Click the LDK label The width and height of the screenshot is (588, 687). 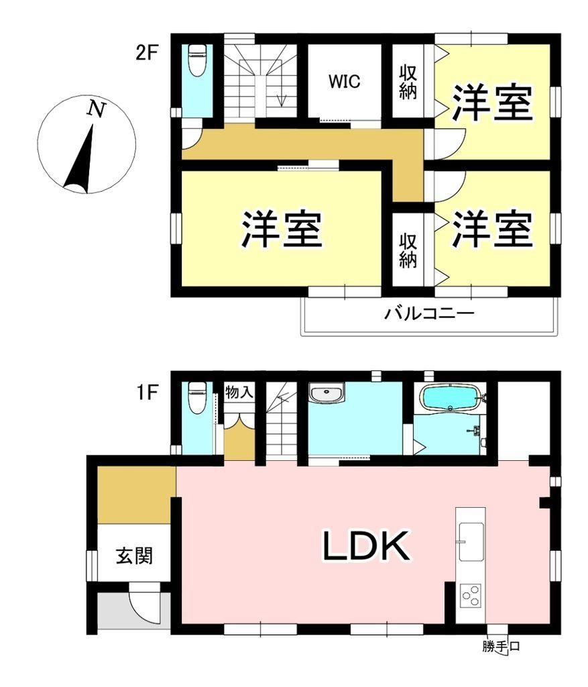click(x=367, y=546)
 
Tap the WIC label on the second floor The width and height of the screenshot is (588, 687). click(x=344, y=81)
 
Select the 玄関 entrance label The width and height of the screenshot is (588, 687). click(x=134, y=556)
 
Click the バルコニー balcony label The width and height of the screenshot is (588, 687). click(x=429, y=314)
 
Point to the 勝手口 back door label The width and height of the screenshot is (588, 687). click(x=501, y=646)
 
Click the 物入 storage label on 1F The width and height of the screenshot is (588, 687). click(x=239, y=392)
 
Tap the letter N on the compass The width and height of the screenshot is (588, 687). click(x=97, y=109)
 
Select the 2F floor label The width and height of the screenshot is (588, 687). click(x=146, y=54)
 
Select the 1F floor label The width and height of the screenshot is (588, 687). click(x=147, y=392)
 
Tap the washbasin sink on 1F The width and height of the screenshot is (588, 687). click(x=327, y=393)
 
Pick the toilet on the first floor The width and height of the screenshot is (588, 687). click(x=196, y=397)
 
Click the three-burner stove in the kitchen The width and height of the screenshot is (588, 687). click(x=471, y=596)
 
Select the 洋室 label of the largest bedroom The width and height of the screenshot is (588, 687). click(x=282, y=230)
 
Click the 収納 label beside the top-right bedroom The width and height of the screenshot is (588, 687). click(x=408, y=83)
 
